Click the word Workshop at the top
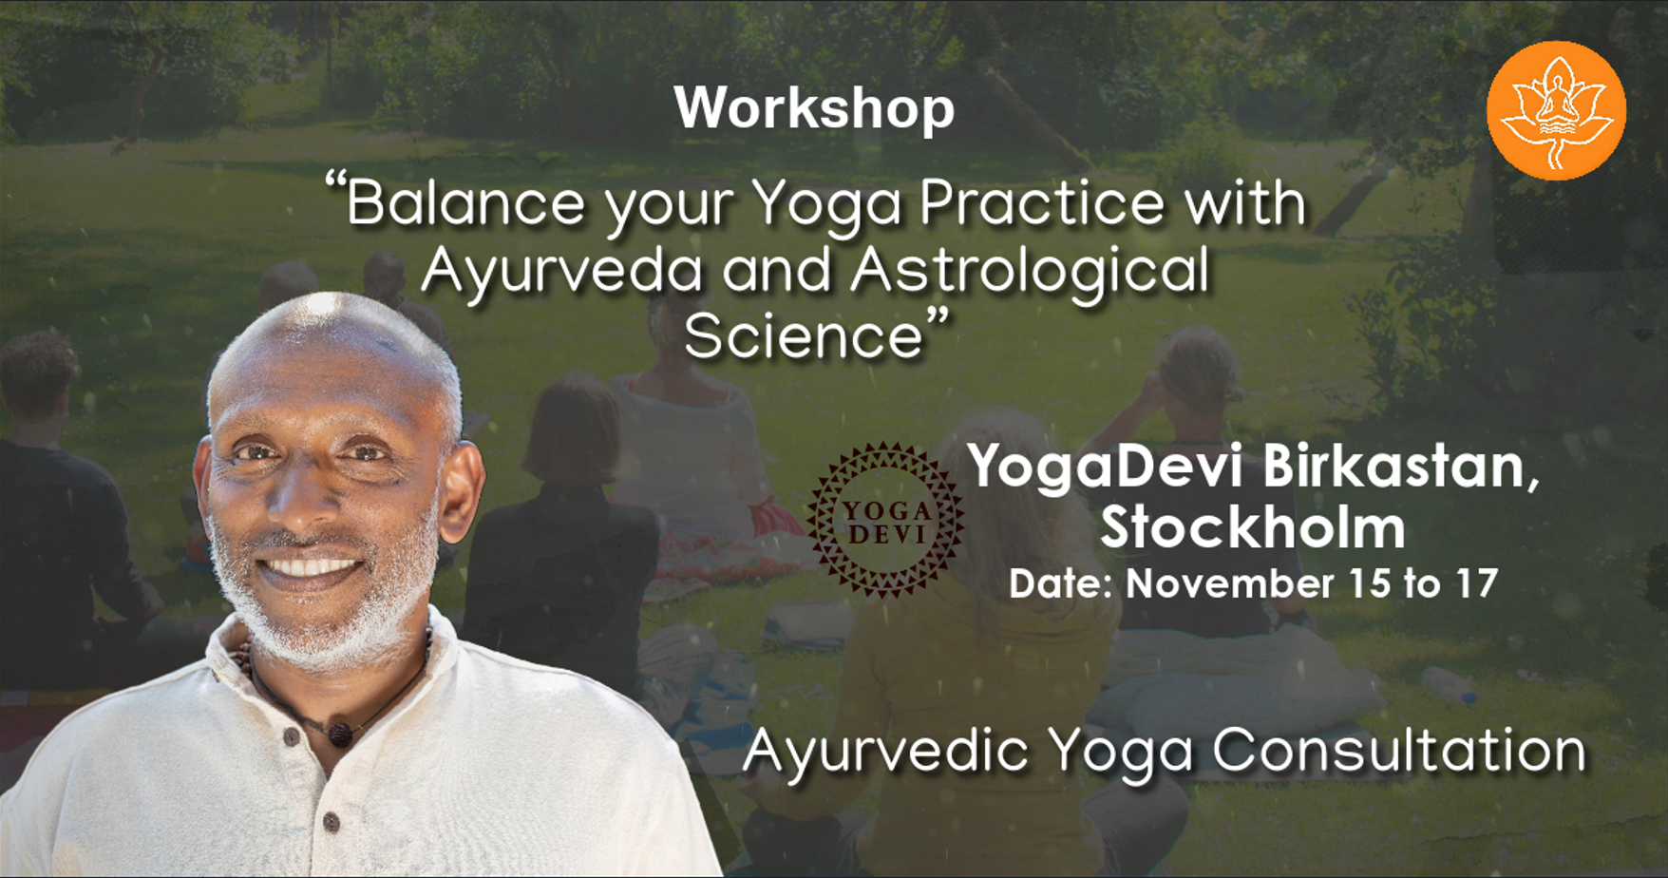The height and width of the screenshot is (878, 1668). click(x=814, y=109)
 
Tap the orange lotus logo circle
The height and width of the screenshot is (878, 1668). click(x=1556, y=110)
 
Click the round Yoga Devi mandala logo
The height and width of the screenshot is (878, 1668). click(x=885, y=520)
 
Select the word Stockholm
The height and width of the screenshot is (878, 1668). click(x=1253, y=527)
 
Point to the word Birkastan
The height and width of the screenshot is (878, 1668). click(x=1401, y=468)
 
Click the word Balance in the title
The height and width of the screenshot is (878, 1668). click(x=465, y=203)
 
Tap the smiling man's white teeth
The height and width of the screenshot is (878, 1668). click(x=310, y=567)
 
